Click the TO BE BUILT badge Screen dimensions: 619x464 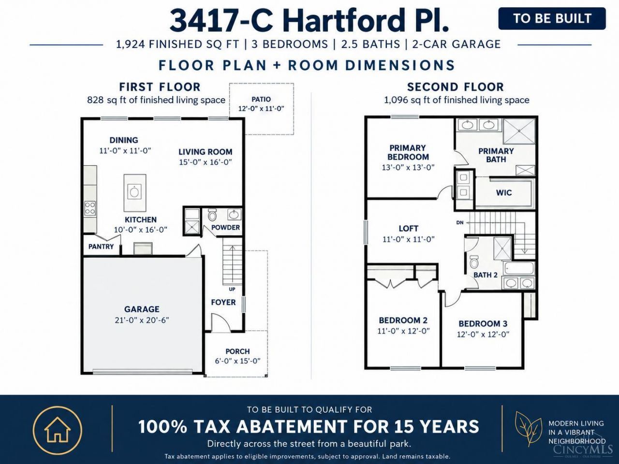tap(552, 18)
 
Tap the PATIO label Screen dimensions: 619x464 tap(261, 99)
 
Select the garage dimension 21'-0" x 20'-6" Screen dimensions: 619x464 tap(142, 320)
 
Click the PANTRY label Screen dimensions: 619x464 tap(101, 246)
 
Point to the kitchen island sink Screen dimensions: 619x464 tap(134, 192)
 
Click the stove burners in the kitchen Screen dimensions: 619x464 tap(90, 208)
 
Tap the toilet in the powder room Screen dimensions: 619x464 tap(212, 215)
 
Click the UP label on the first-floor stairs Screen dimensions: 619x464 tap(232, 290)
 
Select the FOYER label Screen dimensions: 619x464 tap(223, 302)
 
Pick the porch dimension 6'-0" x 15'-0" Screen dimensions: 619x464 tap(237, 361)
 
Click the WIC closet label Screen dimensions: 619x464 tap(504, 193)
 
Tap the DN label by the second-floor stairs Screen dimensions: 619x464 tap(460, 222)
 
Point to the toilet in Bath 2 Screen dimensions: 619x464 tap(474, 261)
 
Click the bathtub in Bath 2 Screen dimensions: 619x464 tap(518, 268)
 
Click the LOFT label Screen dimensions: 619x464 tap(408, 229)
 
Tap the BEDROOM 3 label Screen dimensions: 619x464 tap(483, 324)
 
